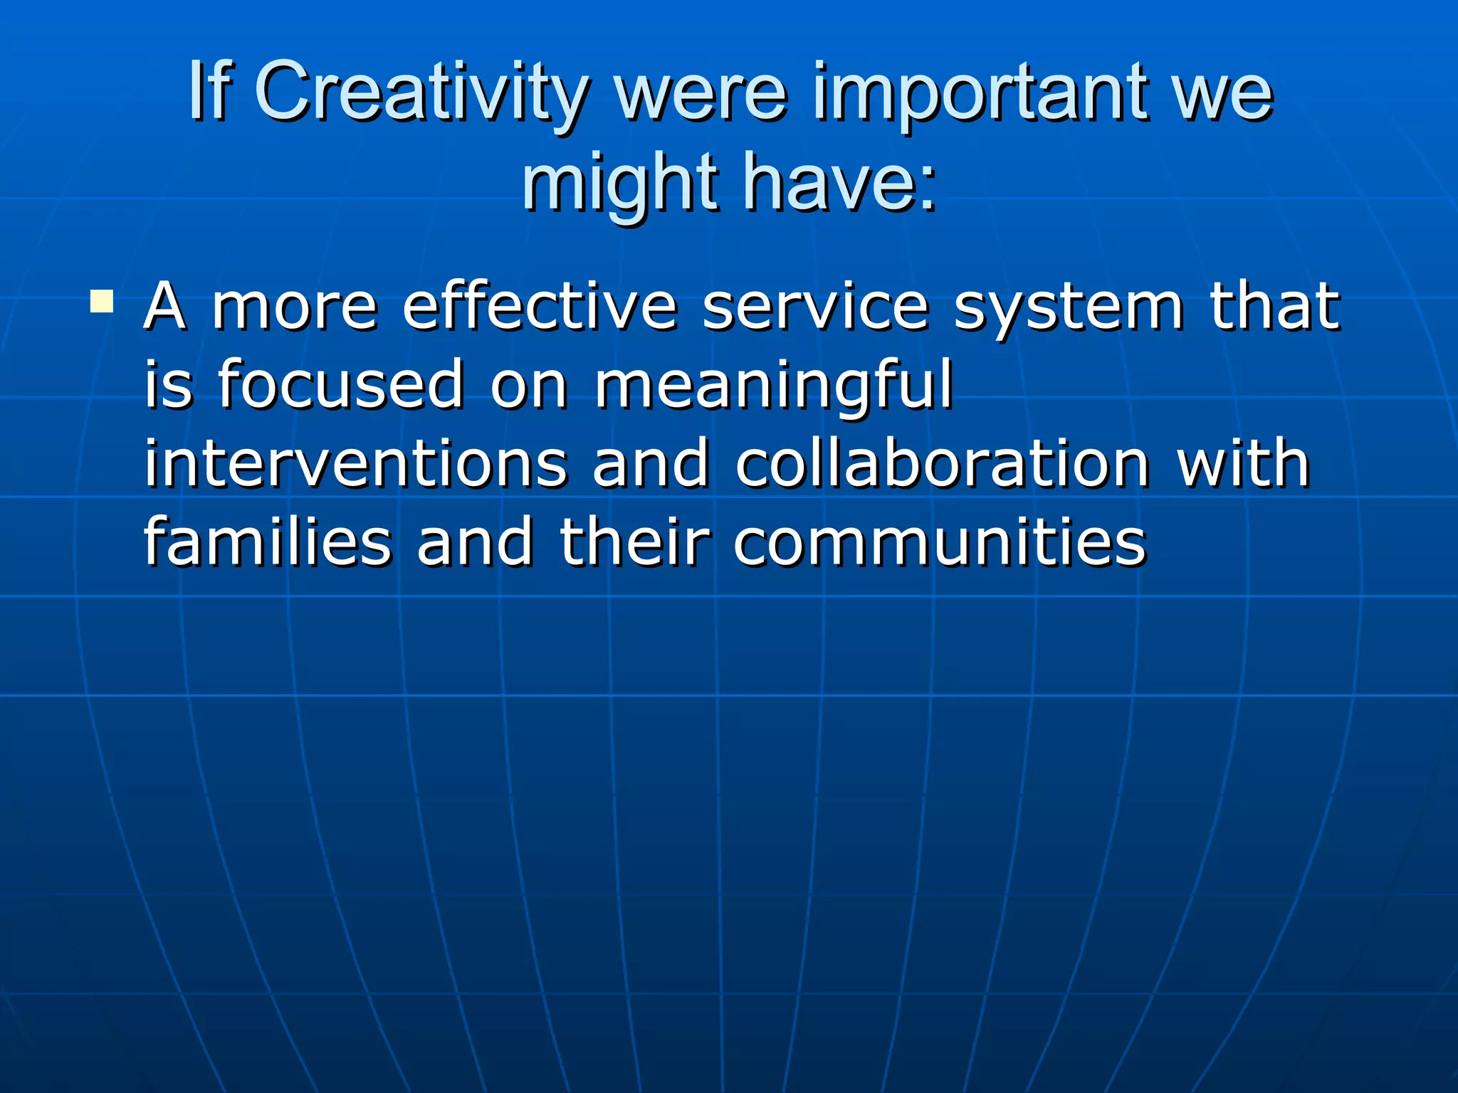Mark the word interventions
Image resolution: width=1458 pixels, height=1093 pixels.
[356, 464]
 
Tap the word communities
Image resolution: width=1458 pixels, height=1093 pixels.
[940, 542]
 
